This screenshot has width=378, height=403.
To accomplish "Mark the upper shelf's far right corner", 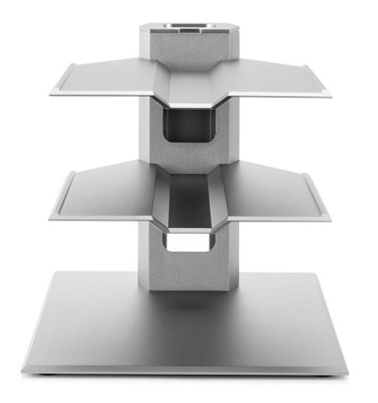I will [x=332, y=96].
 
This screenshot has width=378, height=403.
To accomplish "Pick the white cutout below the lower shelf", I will [x=186, y=243].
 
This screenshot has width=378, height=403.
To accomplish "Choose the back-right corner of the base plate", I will [x=316, y=272].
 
